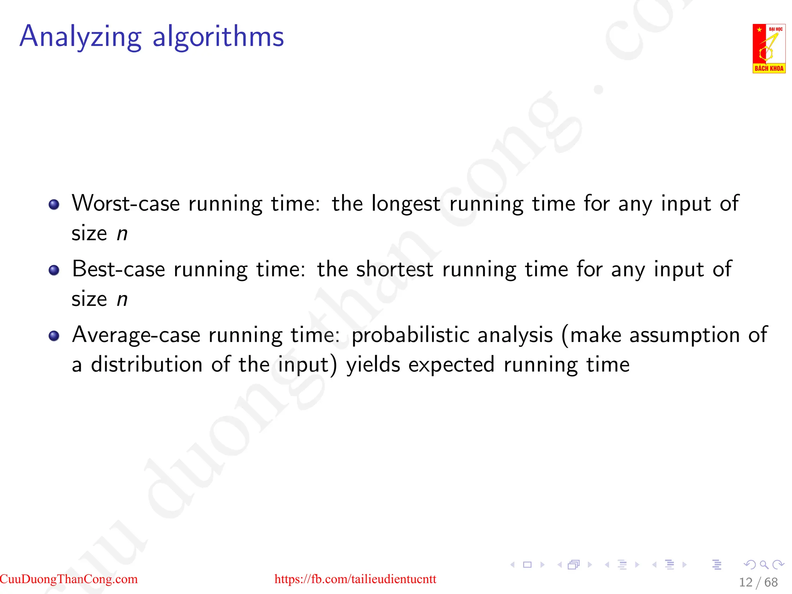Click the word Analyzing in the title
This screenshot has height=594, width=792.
(80, 37)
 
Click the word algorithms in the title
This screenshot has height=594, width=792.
(218, 37)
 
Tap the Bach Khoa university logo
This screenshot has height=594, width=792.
(768, 48)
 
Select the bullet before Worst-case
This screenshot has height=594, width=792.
(54, 204)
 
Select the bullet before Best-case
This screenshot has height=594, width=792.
(54, 270)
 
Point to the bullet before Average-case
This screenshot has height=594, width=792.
(54, 336)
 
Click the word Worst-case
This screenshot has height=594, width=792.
(126, 203)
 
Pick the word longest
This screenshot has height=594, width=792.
(406, 204)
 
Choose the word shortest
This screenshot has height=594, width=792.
(394, 269)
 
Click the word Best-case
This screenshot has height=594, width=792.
(118, 269)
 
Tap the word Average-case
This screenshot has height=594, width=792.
(136, 335)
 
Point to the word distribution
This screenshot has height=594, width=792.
(147, 365)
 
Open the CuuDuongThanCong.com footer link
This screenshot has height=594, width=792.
(69, 579)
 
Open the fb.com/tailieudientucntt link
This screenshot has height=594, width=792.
(355, 579)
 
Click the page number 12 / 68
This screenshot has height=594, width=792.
(758, 582)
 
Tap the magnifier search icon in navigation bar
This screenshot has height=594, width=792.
(764, 565)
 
